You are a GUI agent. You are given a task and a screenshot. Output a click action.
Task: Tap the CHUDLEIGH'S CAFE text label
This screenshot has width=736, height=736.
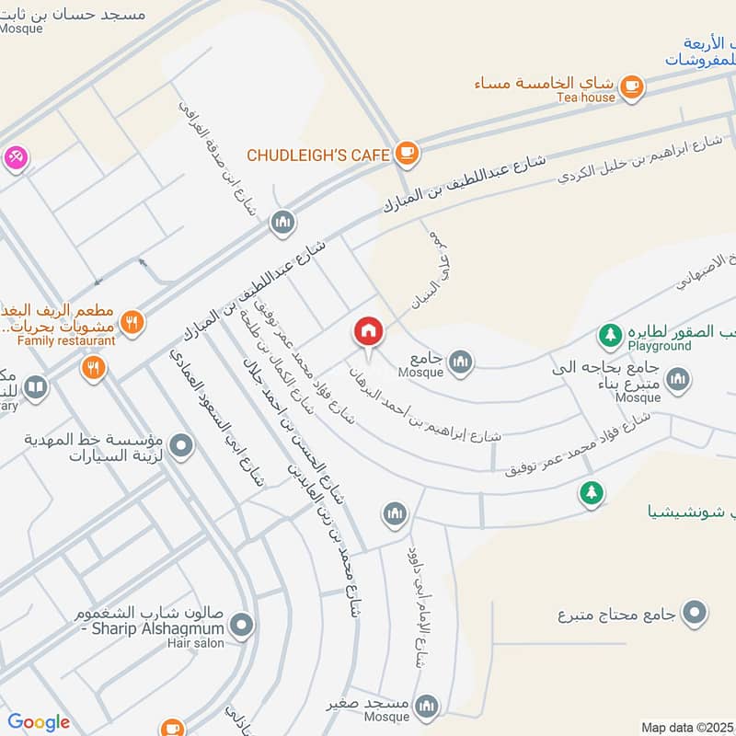pos(317,155)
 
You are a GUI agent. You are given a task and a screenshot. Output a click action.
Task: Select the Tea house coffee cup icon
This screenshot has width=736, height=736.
pos(630,86)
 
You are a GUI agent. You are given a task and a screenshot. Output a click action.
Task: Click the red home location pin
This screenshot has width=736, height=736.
pos(368,330)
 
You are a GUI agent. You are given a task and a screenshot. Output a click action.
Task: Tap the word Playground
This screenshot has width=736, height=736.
pos(660,346)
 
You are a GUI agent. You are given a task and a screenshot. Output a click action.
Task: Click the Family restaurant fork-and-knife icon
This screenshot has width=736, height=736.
pos(132,322)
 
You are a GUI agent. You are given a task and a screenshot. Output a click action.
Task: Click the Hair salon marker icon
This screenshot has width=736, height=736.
pos(242,627)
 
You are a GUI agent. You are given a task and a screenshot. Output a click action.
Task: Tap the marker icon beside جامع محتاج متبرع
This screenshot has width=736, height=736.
pos(696,612)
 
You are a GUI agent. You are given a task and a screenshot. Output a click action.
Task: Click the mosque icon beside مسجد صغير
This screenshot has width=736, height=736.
pos(425,706)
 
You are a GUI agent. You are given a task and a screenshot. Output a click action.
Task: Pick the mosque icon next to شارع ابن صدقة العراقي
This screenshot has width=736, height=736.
pos(282,222)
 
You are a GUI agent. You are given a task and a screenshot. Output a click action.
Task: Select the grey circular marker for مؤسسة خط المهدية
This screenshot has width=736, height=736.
pos(182,445)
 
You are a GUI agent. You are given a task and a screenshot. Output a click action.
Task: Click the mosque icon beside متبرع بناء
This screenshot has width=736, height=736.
pos(678,379)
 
